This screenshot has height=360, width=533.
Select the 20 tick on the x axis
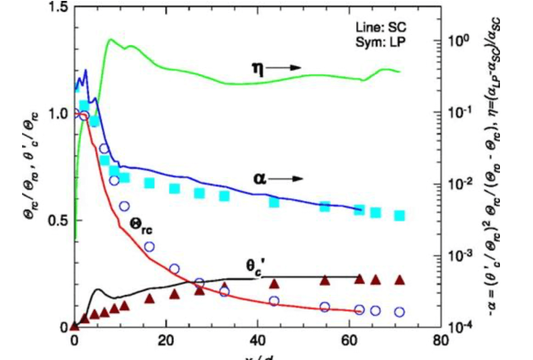coord(166,341)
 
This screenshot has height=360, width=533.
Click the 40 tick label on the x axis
coord(258,341)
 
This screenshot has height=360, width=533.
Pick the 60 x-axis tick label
coord(350,341)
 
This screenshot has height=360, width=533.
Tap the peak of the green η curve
coord(110,39)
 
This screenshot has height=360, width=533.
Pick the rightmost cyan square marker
coord(399,216)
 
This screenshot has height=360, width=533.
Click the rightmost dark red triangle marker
coord(399,280)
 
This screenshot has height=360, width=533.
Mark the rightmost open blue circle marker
coord(399,312)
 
